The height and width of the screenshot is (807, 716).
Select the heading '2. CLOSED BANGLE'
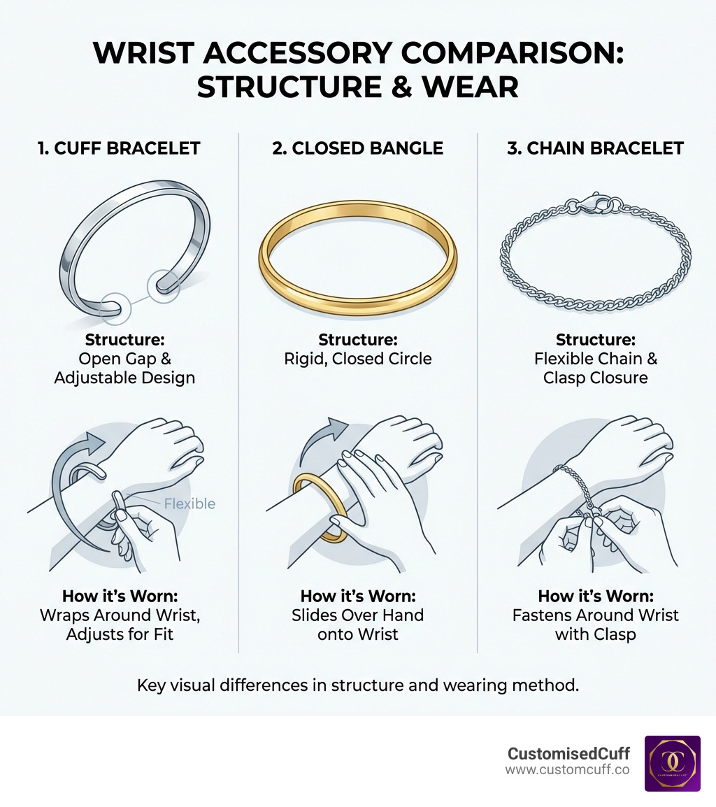[x=358, y=148]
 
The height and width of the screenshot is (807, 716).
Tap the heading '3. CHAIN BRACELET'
[x=595, y=148]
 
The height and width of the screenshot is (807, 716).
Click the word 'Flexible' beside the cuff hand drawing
[x=189, y=504]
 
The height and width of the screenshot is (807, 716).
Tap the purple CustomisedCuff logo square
[x=672, y=764]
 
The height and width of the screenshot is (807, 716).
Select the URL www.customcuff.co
[x=567, y=770]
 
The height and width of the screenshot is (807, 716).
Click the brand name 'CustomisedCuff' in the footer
[x=568, y=753]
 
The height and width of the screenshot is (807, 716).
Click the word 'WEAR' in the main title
[x=471, y=87]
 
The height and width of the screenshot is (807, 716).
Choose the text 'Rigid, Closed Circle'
[x=358, y=359]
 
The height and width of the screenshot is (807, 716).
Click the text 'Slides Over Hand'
[x=358, y=615]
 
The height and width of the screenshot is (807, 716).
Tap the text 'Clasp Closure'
[x=595, y=378]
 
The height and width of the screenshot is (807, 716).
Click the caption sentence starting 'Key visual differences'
[x=358, y=685]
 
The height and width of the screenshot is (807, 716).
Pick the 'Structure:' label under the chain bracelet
[x=595, y=340]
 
